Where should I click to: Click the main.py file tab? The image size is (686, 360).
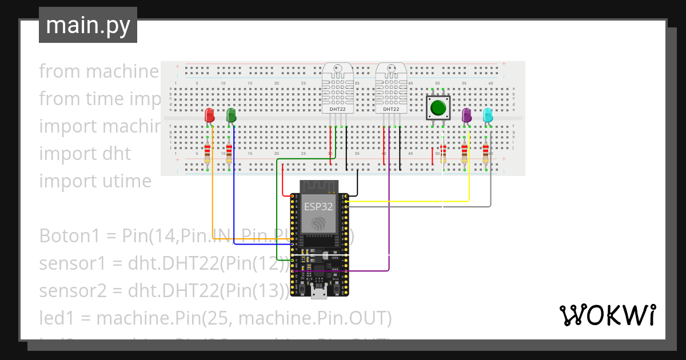click(88, 25)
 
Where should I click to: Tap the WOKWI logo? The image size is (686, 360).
click(607, 315)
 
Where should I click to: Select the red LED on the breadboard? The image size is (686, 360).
click(209, 115)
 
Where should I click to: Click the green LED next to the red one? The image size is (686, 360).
click(231, 115)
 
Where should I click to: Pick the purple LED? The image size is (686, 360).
click(466, 115)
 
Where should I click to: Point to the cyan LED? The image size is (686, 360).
click(488, 115)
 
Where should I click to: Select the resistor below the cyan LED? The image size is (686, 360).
click(486, 153)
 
